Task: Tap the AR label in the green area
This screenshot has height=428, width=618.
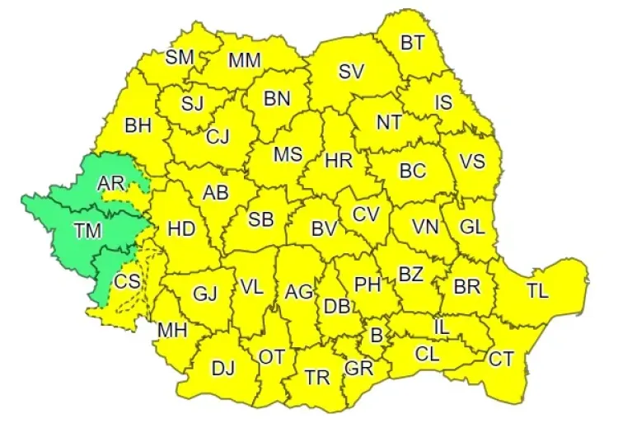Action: pos(110,183)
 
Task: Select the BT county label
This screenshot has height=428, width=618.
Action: pos(413,43)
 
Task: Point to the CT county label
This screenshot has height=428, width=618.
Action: pos(501,359)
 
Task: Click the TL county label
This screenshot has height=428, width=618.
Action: pos(537,290)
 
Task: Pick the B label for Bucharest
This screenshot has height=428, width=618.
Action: pos(377,336)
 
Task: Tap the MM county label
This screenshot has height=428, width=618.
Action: pos(245,59)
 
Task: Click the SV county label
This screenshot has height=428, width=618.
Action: pos(351,71)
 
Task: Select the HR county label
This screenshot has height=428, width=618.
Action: pos(339,161)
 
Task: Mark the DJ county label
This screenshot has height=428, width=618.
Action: pos(222,369)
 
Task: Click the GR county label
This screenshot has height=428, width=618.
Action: pos(359,368)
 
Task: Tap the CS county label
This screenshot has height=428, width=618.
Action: pos(127,281)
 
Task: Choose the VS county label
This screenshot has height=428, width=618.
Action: pos(471,161)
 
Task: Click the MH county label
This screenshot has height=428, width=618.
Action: pos(173,330)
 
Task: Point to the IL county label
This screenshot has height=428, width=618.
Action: pos(442,327)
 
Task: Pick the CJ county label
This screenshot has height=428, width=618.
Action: pos(218,136)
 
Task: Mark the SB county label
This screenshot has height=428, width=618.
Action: pos(261,219)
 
